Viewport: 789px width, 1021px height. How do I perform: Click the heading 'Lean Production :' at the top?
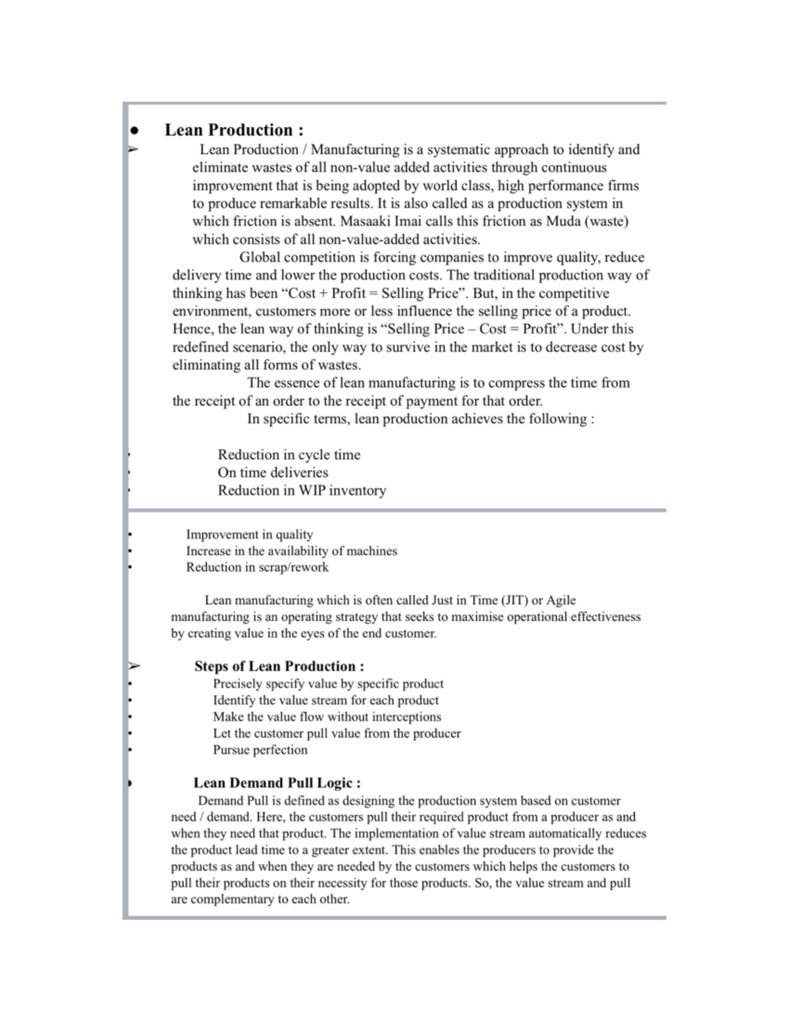(233, 130)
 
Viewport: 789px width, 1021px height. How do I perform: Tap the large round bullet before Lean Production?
(134, 131)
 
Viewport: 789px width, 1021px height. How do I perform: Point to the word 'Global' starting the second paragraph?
(260, 258)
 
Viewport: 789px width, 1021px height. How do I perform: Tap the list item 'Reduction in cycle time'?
(289, 455)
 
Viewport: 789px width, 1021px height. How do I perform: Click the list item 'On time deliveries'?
(272, 473)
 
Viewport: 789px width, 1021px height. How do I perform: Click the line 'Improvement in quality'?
(249, 534)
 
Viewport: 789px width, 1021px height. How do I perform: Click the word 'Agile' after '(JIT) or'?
(561, 600)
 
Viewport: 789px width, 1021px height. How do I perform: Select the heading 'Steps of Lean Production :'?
(279, 666)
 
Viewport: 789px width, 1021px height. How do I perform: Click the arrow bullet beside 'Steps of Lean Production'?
(134, 666)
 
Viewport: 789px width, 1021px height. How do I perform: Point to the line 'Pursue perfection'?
(260, 750)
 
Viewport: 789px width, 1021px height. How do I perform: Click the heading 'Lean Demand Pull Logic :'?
(276, 783)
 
